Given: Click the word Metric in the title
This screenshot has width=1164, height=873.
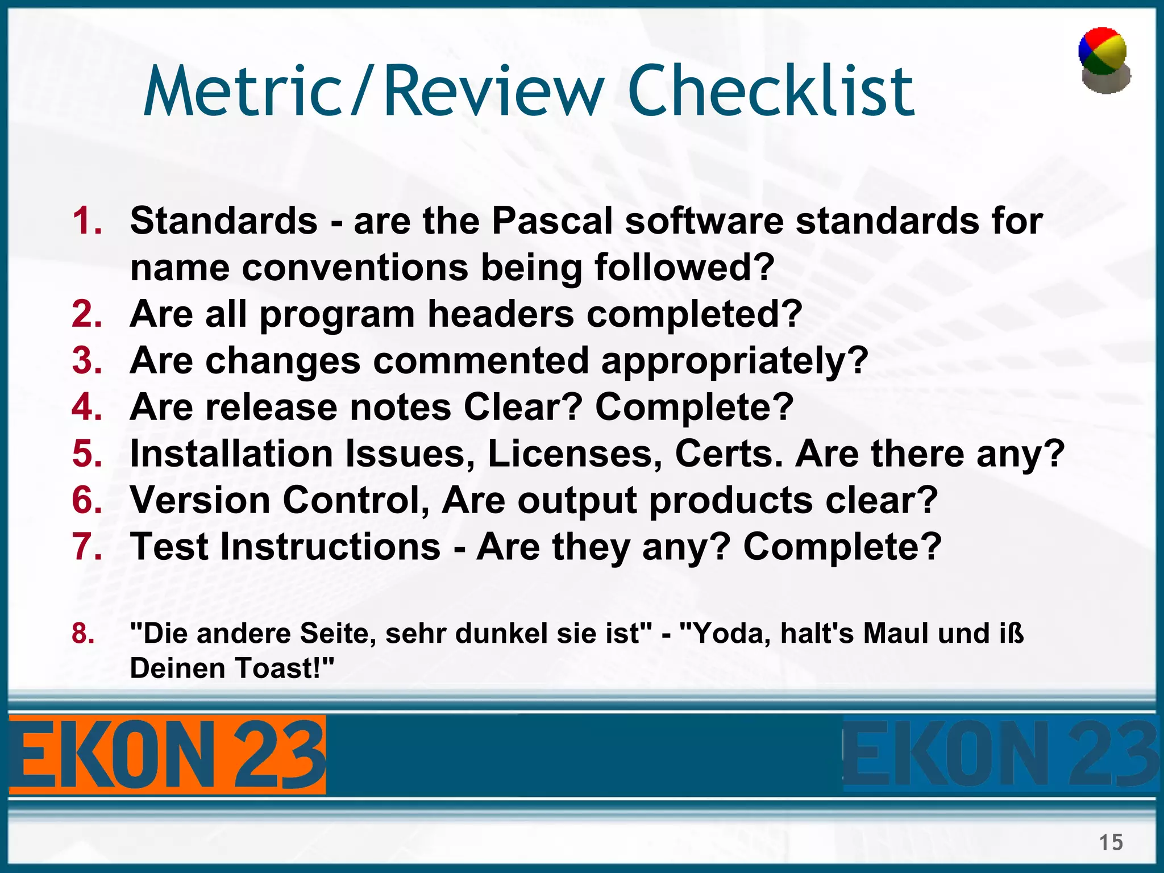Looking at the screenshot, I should click(x=242, y=91).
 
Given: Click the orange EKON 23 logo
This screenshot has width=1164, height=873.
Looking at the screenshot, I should click(x=167, y=755).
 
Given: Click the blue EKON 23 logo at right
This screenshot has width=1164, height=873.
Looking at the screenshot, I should click(x=1000, y=755).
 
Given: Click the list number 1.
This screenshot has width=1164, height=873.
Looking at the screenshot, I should click(x=87, y=221).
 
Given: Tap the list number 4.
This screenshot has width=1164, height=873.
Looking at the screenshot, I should click(x=87, y=407).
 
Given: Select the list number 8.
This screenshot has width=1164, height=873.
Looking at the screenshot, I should click(x=83, y=633).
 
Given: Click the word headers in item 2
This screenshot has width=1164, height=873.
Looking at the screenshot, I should click(x=500, y=314).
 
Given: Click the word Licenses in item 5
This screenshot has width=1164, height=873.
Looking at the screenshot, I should click(x=574, y=454).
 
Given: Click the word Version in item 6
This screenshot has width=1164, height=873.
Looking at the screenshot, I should click(x=200, y=500).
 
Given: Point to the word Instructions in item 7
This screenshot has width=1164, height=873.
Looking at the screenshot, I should click(x=330, y=547).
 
